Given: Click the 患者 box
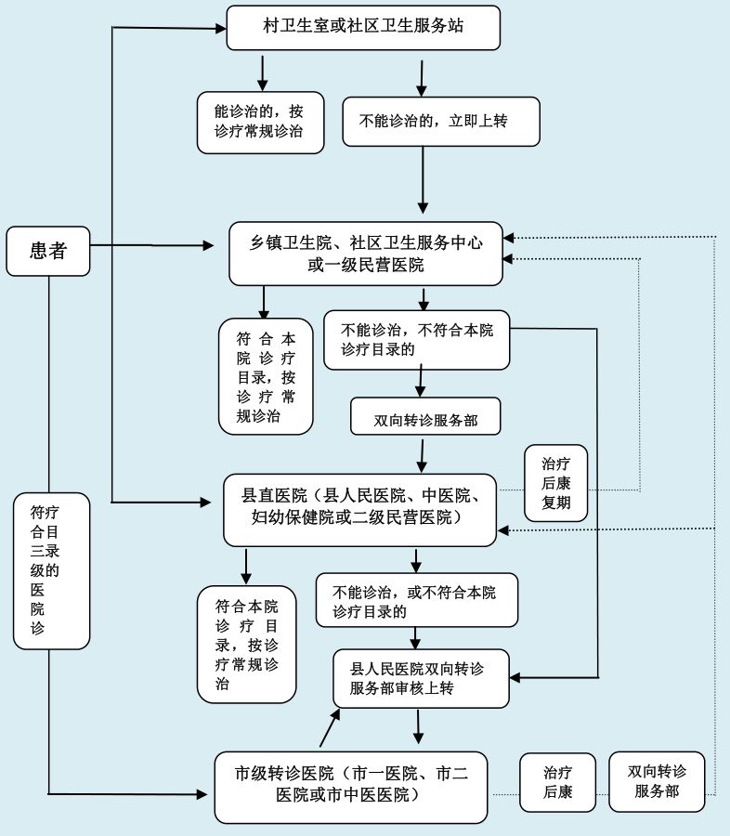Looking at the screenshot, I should (48, 250).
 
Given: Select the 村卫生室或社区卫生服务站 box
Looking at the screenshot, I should (363, 28).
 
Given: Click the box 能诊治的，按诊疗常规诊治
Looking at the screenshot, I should (260, 122).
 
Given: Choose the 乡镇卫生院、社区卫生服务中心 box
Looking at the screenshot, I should (366, 254).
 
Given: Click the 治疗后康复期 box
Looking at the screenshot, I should (555, 482).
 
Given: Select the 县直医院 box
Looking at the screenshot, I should (361, 508).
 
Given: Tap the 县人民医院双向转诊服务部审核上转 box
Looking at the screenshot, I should (422, 678).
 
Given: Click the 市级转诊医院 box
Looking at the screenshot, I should (350, 786).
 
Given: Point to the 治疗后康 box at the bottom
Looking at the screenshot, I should (557, 782).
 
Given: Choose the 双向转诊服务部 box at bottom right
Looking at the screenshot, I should (657, 781).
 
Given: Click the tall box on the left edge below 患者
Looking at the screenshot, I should (52, 570).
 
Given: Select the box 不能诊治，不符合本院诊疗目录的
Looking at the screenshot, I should (416, 339).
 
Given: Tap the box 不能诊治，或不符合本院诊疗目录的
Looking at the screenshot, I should (416, 601).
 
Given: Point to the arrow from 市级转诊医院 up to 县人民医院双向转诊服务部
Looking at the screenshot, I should (329, 727).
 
